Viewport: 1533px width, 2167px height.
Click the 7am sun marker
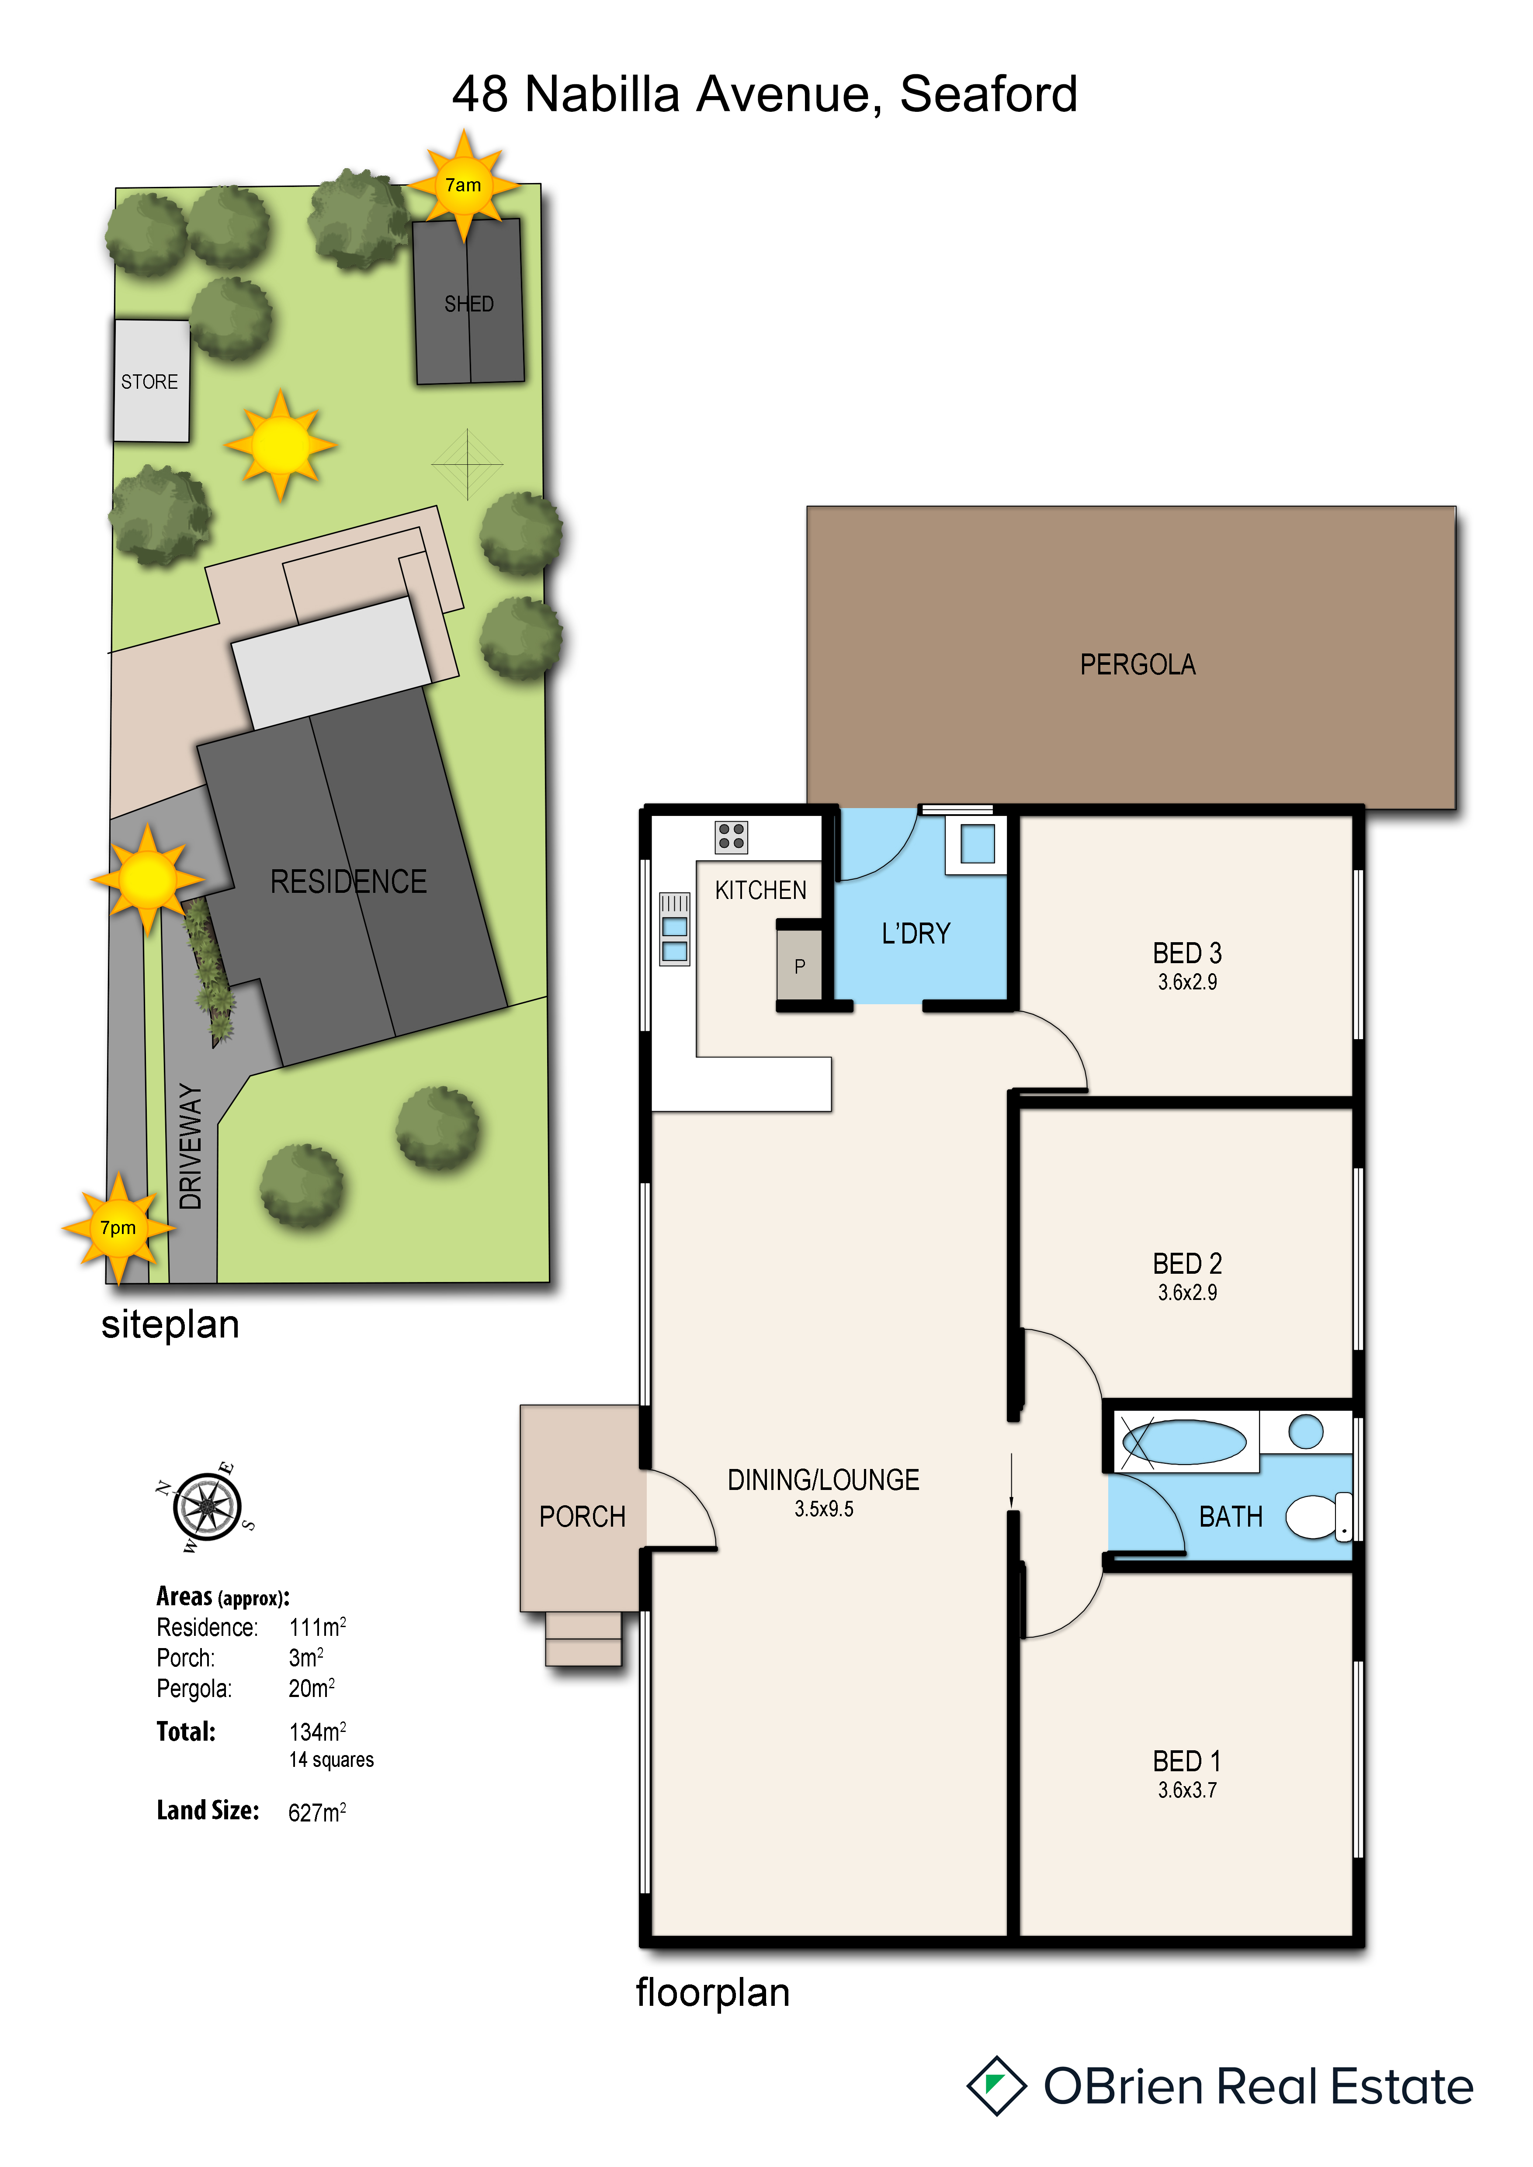coord(464,185)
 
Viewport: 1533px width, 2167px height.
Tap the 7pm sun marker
coord(118,1228)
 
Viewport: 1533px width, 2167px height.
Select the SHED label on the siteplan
coord(469,304)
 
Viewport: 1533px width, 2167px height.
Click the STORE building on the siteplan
coord(151,380)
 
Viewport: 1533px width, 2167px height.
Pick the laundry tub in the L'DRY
coord(977,844)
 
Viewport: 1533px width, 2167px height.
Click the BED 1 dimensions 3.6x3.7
coord(1187,1790)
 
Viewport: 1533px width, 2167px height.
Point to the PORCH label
coord(583,1517)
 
